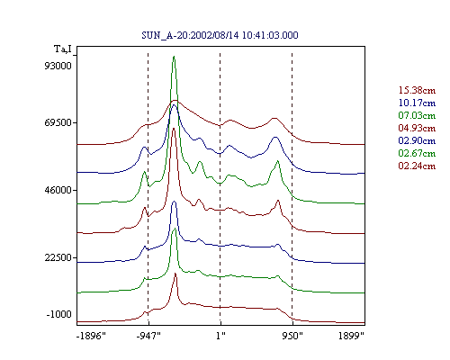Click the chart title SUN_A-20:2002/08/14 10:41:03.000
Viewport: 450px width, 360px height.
pos(220,35)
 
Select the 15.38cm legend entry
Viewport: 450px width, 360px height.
pos(417,90)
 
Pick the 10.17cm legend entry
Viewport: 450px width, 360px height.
pos(417,103)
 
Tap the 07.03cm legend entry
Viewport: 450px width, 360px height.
pos(417,115)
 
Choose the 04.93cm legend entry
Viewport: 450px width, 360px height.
pos(417,128)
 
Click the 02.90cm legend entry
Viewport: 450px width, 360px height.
pos(417,140)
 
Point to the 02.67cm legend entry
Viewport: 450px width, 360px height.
pos(417,153)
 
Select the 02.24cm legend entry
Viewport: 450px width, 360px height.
pos(417,166)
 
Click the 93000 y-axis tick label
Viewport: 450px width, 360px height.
pos(58,66)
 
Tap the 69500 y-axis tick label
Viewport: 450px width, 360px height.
pos(58,122)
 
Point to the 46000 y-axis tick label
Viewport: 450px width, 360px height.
pos(58,190)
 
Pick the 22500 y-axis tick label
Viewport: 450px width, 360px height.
pos(58,257)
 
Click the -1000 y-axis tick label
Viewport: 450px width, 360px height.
pos(59,314)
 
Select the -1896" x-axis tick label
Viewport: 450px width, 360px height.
pos(91,336)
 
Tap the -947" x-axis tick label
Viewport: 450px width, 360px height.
pos(148,336)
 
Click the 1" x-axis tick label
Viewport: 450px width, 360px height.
pos(220,336)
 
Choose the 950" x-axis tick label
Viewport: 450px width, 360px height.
pos(292,336)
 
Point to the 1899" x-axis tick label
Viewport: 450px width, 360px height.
pos(351,336)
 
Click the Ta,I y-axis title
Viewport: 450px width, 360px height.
pos(63,49)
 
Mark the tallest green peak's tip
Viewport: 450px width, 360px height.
pos(174,57)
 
